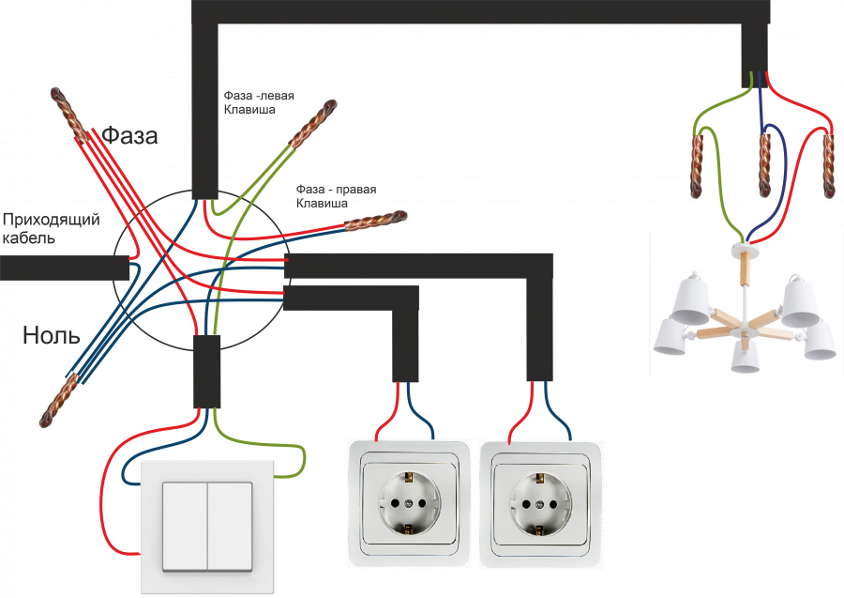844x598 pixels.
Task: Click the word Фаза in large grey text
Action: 130,135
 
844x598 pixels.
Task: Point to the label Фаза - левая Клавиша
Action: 260,102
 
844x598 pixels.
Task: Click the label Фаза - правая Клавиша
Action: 336,195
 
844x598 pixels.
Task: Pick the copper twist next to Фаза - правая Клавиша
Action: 374,222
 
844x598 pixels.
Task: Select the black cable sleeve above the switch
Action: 206,371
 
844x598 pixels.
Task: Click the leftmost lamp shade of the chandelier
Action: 672,335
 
